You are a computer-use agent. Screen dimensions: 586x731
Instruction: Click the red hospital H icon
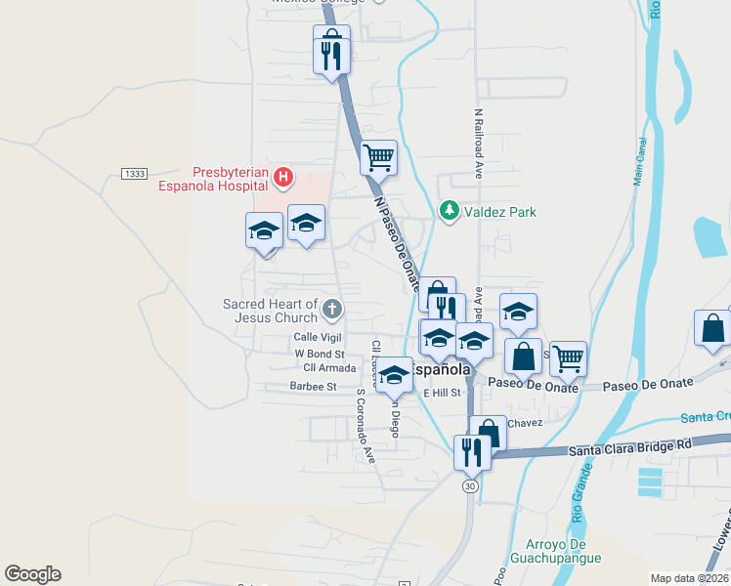pos(282,176)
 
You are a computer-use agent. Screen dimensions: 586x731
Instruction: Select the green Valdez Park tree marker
pos(449,211)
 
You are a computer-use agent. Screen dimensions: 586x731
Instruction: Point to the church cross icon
pos(331,310)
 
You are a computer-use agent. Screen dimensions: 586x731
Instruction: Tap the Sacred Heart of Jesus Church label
pos(270,311)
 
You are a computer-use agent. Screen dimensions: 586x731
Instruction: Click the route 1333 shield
pos(134,174)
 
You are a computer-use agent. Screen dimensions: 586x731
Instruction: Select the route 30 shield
pos(471,485)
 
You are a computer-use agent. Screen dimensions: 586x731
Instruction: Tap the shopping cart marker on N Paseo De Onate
pos(378,156)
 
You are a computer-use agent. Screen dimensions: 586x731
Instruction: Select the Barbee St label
pos(313,386)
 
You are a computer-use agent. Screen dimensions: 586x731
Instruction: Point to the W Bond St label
pos(320,353)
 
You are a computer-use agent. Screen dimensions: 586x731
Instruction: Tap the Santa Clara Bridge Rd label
pos(629,448)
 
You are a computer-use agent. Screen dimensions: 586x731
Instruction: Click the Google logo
pos(32,574)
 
